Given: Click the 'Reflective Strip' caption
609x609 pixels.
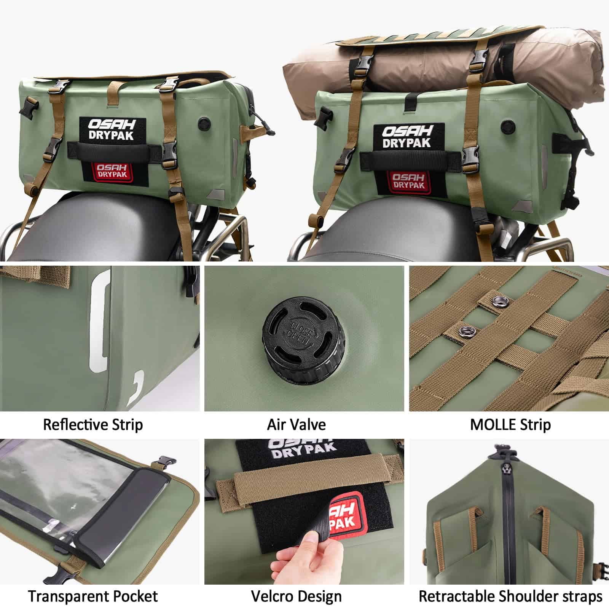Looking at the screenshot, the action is (x=93, y=424).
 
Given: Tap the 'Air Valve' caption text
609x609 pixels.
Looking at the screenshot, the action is (x=297, y=424).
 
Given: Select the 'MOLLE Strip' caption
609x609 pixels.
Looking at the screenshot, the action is (x=510, y=424).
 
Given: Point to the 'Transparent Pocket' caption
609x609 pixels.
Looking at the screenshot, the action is (x=93, y=596).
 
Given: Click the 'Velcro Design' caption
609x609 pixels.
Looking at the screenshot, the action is (x=297, y=596).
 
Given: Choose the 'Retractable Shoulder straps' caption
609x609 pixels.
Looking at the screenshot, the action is (x=510, y=596).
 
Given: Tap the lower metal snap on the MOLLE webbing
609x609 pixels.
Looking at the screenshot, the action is (x=465, y=330).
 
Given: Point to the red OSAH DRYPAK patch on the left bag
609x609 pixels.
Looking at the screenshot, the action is (x=110, y=171).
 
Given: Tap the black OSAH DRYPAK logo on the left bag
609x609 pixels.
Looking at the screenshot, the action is (x=112, y=129).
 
